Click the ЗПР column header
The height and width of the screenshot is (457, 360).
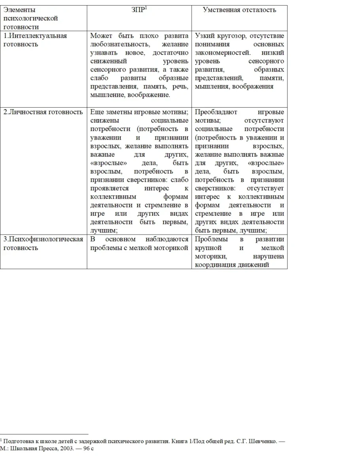tap(138, 10)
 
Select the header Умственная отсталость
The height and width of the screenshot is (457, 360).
tap(239, 10)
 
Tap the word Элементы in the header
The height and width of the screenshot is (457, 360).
tap(19, 10)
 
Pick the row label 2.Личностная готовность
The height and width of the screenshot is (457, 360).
tap(43, 112)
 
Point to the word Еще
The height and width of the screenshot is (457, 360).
tap(96, 112)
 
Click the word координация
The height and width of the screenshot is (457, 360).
tap(214, 265)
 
